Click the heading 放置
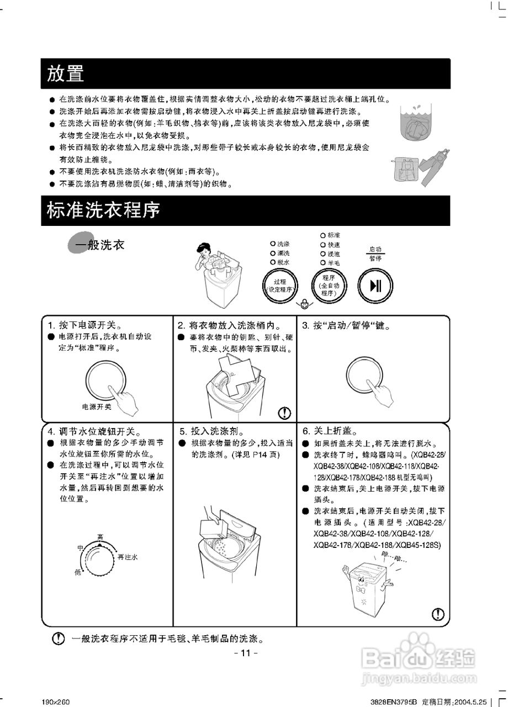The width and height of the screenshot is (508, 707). [x=65, y=73]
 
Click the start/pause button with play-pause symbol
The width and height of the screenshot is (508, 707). [x=375, y=286]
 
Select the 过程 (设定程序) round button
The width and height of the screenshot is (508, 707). [x=279, y=286]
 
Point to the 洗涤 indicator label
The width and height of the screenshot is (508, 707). [x=284, y=244]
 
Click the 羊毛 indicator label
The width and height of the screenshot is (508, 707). [x=334, y=262]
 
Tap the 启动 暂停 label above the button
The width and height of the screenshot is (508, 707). [x=375, y=254]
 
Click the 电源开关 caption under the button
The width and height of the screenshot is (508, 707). [x=97, y=407]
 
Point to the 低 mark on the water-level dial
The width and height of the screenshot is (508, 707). [x=78, y=572]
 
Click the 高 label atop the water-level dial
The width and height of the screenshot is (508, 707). [x=100, y=536]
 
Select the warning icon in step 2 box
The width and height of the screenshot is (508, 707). [x=284, y=412]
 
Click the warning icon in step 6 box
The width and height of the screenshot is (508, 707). [x=438, y=614]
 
